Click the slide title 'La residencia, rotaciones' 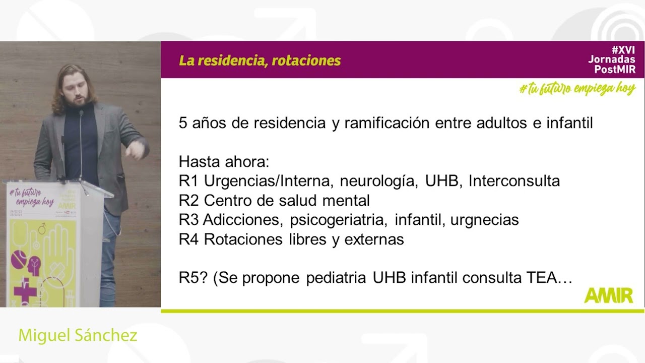click(260, 61)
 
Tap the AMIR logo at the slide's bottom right click(608, 295)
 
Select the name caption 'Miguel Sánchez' click(78, 336)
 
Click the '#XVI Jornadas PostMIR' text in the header click(612, 59)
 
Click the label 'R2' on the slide click(189, 201)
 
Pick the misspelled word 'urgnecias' click(484, 220)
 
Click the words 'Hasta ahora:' click(224, 162)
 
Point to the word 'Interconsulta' click(514, 181)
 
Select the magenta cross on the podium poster click(25, 290)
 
